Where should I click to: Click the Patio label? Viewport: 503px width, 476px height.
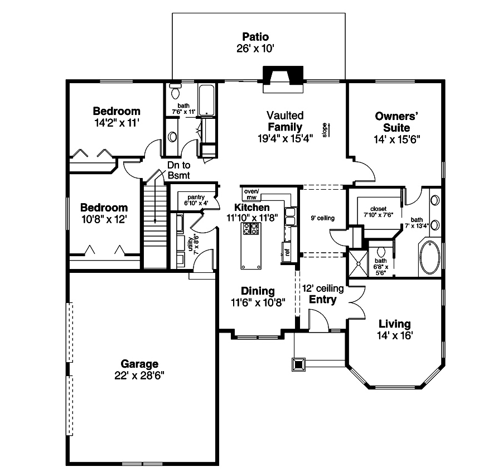pyautogui.click(x=255, y=37)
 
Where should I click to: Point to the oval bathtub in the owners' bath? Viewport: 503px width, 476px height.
pyautogui.click(x=429, y=257)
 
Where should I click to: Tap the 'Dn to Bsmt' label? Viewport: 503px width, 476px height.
pyautogui.click(x=178, y=170)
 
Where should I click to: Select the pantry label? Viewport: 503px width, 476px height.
pyautogui.click(x=195, y=197)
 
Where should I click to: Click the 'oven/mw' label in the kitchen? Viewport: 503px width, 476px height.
pyautogui.click(x=250, y=194)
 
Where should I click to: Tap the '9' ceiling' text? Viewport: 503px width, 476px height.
pyautogui.click(x=322, y=218)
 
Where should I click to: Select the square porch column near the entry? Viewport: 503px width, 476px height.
pyautogui.click(x=298, y=364)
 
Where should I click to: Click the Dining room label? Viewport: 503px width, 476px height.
pyautogui.click(x=257, y=291)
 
